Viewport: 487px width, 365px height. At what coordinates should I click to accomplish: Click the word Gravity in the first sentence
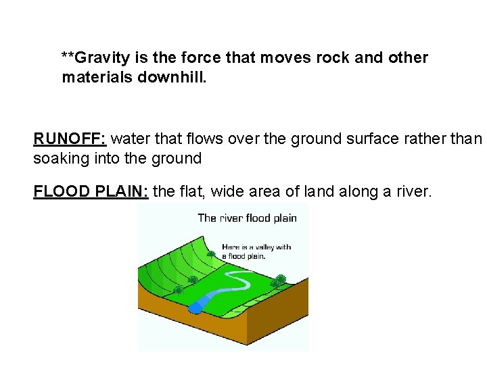click(x=95, y=58)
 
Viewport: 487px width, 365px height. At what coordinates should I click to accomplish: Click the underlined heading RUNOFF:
click(x=70, y=139)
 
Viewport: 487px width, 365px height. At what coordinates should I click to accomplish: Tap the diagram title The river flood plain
click(x=247, y=218)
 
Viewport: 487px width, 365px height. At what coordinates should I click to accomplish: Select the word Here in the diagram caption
click(x=231, y=247)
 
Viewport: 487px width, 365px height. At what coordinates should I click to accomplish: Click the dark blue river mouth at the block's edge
click(x=195, y=308)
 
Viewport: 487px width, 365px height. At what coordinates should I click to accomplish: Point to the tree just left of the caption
click(x=212, y=255)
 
